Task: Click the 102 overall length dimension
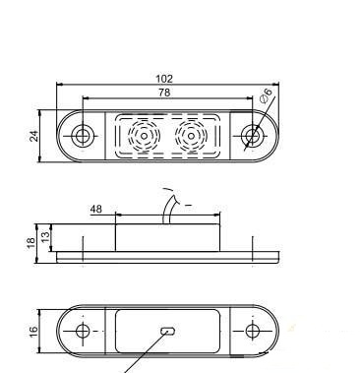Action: tap(164, 79)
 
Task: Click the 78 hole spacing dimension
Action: tap(164, 93)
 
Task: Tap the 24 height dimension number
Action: tap(34, 136)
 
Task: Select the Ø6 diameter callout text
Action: tap(267, 95)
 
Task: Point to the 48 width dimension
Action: tap(95, 209)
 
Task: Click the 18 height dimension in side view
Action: tap(30, 243)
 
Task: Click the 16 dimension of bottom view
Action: tap(34, 330)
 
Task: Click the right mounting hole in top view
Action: tap(252, 136)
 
